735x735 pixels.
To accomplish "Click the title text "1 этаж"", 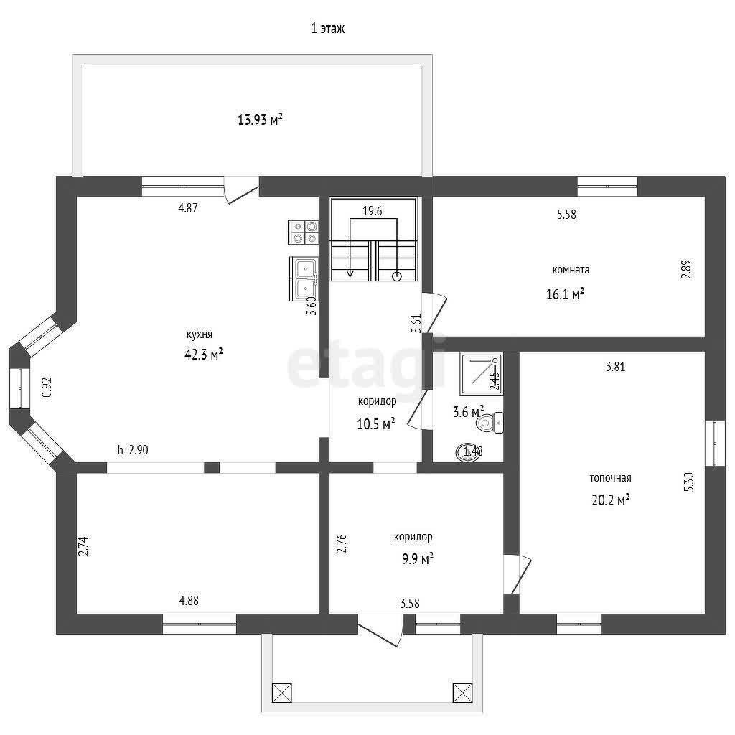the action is (x=327, y=29).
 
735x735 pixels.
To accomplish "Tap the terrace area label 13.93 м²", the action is (x=260, y=120).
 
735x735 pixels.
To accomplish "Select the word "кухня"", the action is (x=200, y=334).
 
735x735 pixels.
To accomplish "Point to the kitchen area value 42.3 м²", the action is (x=203, y=353).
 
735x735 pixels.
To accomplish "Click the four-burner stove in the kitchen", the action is (x=304, y=232).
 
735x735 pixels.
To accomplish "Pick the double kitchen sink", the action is (x=304, y=279).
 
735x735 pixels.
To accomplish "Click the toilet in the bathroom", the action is (x=490, y=423).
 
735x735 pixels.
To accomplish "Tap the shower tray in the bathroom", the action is (x=481, y=374).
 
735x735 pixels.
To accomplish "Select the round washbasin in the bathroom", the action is (x=468, y=452).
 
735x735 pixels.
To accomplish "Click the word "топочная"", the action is (x=610, y=477).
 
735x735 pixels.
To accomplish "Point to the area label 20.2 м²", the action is (x=610, y=500).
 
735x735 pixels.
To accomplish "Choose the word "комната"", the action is (x=571, y=270).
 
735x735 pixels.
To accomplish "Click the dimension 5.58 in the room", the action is (x=566, y=214).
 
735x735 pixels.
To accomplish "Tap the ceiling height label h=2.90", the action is (x=133, y=450).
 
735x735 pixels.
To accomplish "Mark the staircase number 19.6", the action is (x=373, y=211).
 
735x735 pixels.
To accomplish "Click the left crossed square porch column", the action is (x=281, y=693).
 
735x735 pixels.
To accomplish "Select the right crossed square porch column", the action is (x=462, y=693).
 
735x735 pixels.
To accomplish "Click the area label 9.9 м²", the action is (x=417, y=558).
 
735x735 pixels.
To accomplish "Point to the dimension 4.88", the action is (x=189, y=601).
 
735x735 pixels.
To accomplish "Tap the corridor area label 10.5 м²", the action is (x=376, y=423).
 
